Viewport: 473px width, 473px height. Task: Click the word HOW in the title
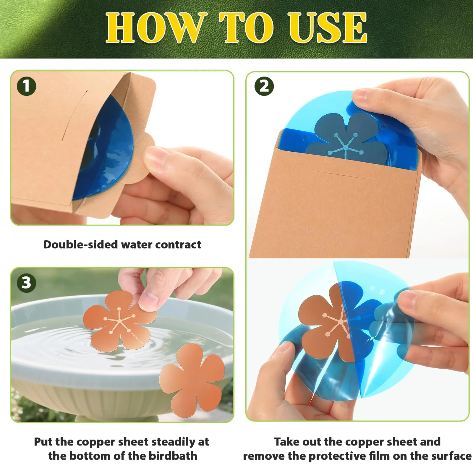coord(155,28)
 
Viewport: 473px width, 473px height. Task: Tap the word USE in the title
coord(328,28)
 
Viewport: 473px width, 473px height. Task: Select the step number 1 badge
coord(27,86)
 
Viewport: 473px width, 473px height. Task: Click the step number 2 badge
coord(264,86)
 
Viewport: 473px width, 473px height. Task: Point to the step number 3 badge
coord(27,283)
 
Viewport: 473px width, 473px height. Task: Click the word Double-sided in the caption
coord(80,244)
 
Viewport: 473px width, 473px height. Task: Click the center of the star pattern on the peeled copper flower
coord(341,321)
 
